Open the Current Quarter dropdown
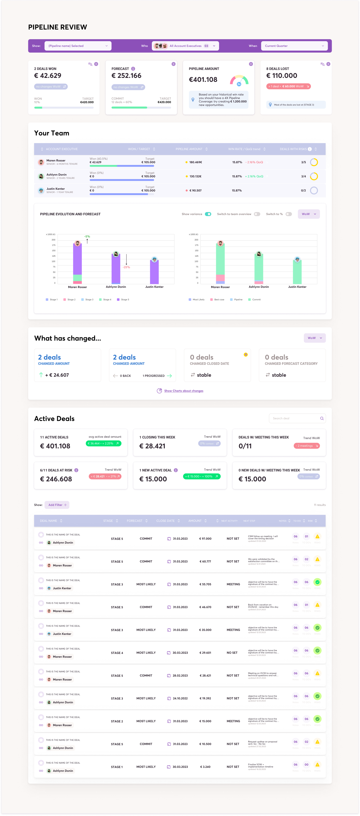(294, 46)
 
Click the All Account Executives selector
(185, 46)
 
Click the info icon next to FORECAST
(133, 69)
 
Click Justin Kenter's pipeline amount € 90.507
(195, 191)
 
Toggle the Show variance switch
(208, 214)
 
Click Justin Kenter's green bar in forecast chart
(297, 272)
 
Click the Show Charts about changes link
(184, 391)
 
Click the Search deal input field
(295, 418)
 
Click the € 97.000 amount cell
(205, 539)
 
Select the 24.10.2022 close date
(180, 698)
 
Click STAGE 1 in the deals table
(117, 767)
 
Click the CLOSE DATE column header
(165, 521)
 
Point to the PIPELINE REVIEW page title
(58, 27)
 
